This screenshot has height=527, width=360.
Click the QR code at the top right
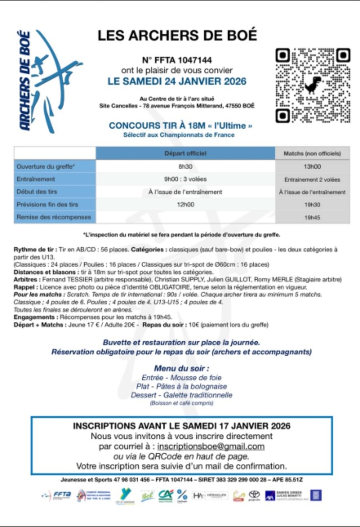[x=313, y=85]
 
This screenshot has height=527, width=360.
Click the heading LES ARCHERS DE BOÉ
[x=177, y=36]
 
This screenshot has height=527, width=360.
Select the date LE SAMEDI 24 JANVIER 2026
[x=177, y=81]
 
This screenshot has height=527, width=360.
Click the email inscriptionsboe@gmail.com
[x=211, y=447]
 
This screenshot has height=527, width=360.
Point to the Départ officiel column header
[x=185, y=153]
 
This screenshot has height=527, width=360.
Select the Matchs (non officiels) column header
[x=313, y=154]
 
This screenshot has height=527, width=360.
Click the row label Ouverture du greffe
[x=46, y=166]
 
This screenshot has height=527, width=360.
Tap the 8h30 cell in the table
[x=185, y=166]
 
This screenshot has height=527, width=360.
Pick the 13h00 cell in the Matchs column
[x=313, y=166]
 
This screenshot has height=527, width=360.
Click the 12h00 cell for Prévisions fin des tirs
[x=185, y=205]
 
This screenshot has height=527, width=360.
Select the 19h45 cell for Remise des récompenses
[x=313, y=217]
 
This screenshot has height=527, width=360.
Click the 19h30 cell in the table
[x=313, y=205]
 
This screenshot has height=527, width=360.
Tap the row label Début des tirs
[x=37, y=192]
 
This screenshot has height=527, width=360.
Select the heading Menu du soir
[x=181, y=368]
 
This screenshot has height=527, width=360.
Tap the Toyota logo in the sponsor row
[x=254, y=495]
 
